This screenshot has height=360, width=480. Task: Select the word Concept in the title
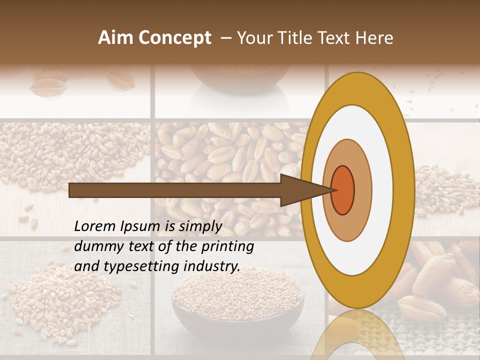click(175, 38)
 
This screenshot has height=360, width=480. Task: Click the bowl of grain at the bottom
click(237, 300)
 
